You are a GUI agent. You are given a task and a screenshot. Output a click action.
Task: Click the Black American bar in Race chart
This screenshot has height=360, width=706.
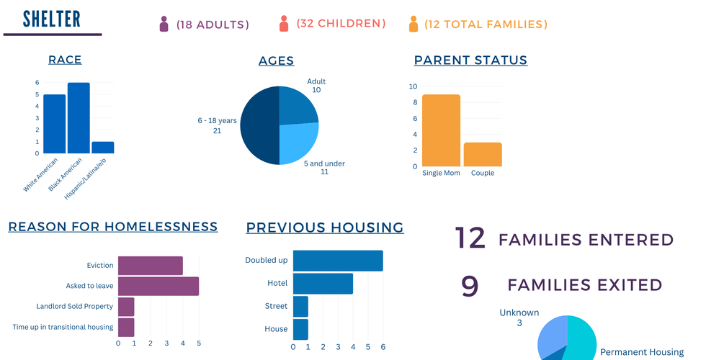(79, 118)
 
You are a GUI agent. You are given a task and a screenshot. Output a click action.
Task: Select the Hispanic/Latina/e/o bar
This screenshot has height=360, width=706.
(102, 148)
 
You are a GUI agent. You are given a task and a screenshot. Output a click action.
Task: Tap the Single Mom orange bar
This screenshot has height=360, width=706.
(441, 130)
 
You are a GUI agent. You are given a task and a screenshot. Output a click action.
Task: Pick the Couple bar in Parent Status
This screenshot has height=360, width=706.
(483, 155)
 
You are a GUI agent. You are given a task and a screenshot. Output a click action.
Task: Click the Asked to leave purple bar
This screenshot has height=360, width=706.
(158, 286)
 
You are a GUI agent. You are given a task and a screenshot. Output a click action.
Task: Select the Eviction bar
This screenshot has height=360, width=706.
(151, 266)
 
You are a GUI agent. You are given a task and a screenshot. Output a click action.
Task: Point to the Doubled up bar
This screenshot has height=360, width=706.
(338, 261)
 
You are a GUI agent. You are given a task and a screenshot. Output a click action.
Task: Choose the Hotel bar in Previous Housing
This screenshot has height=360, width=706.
(323, 284)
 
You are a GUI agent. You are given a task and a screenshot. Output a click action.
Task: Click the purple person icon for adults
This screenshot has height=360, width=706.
(164, 24)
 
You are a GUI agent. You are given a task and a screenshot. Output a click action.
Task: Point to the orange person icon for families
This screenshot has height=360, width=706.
(413, 24)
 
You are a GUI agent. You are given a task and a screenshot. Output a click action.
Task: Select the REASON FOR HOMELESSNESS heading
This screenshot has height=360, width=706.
(113, 227)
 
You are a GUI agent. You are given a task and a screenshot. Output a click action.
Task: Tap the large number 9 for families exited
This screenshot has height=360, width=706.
(470, 286)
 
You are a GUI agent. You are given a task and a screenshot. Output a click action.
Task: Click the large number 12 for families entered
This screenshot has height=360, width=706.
(470, 238)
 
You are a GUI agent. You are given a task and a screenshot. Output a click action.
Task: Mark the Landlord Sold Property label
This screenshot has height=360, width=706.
(75, 307)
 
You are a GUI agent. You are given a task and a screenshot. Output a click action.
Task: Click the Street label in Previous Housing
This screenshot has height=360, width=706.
(277, 307)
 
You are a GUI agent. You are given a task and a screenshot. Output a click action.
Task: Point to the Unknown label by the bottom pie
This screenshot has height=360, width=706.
(518, 312)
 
